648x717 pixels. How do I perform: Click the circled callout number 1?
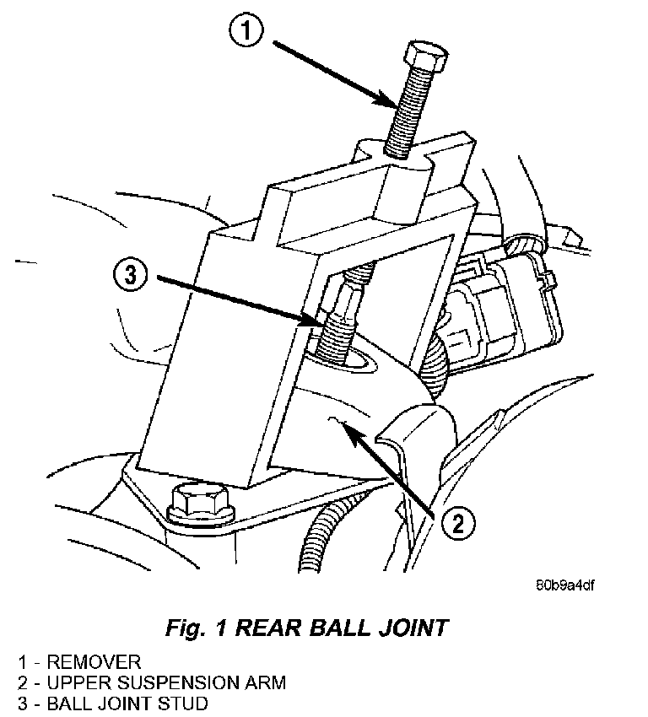coord(246,31)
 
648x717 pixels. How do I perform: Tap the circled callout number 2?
coord(458,523)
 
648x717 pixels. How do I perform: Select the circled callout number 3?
coord(130,276)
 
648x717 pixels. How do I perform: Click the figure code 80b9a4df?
coord(565,585)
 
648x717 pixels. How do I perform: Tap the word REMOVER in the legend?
coord(94,662)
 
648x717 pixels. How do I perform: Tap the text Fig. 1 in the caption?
coord(196,628)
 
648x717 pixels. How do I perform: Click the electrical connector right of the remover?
coord(502,304)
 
